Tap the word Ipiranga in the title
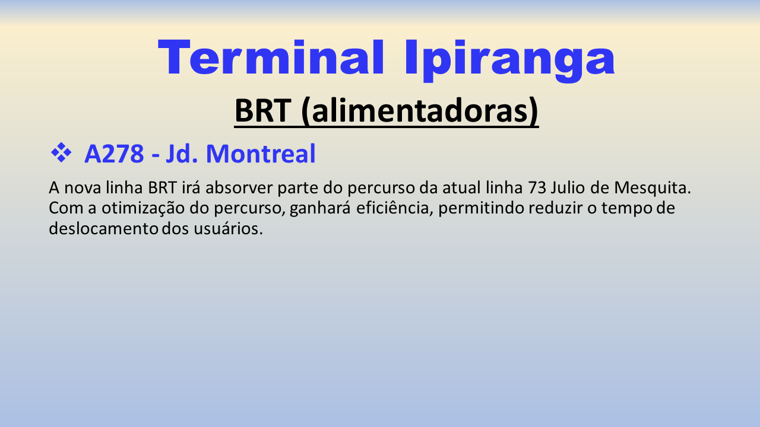[x=509, y=60]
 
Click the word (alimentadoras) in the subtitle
[x=420, y=111]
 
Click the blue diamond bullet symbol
[x=61, y=153]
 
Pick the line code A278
[x=114, y=154]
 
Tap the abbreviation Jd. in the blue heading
[x=182, y=154]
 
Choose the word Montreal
[x=261, y=154]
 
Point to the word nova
[x=83, y=189]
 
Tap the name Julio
[x=568, y=187]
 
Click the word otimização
[x=143, y=208]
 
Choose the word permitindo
[x=481, y=209]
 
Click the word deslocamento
[x=103, y=228]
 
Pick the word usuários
[x=229, y=229]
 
